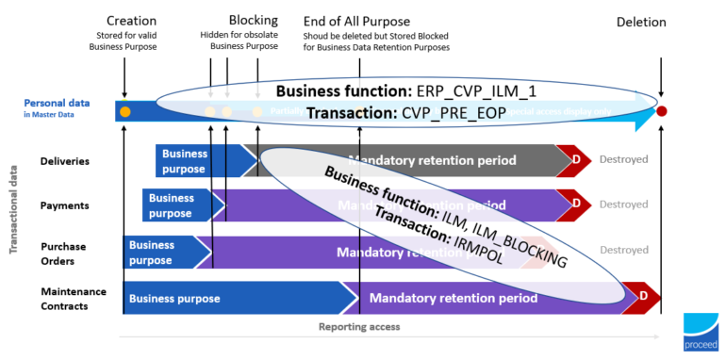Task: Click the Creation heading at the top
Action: (x=131, y=22)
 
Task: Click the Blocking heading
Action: (x=253, y=21)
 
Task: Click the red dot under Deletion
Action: (x=662, y=111)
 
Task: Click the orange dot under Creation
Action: (x=124, y=112)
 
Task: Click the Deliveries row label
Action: (x=64, y=160)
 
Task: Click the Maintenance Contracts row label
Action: (x=74, y=297)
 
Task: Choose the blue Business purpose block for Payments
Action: (x=173, y=205)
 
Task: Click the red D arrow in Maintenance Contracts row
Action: (x=641, y=297)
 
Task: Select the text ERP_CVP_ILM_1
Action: (x=490, y=90)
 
